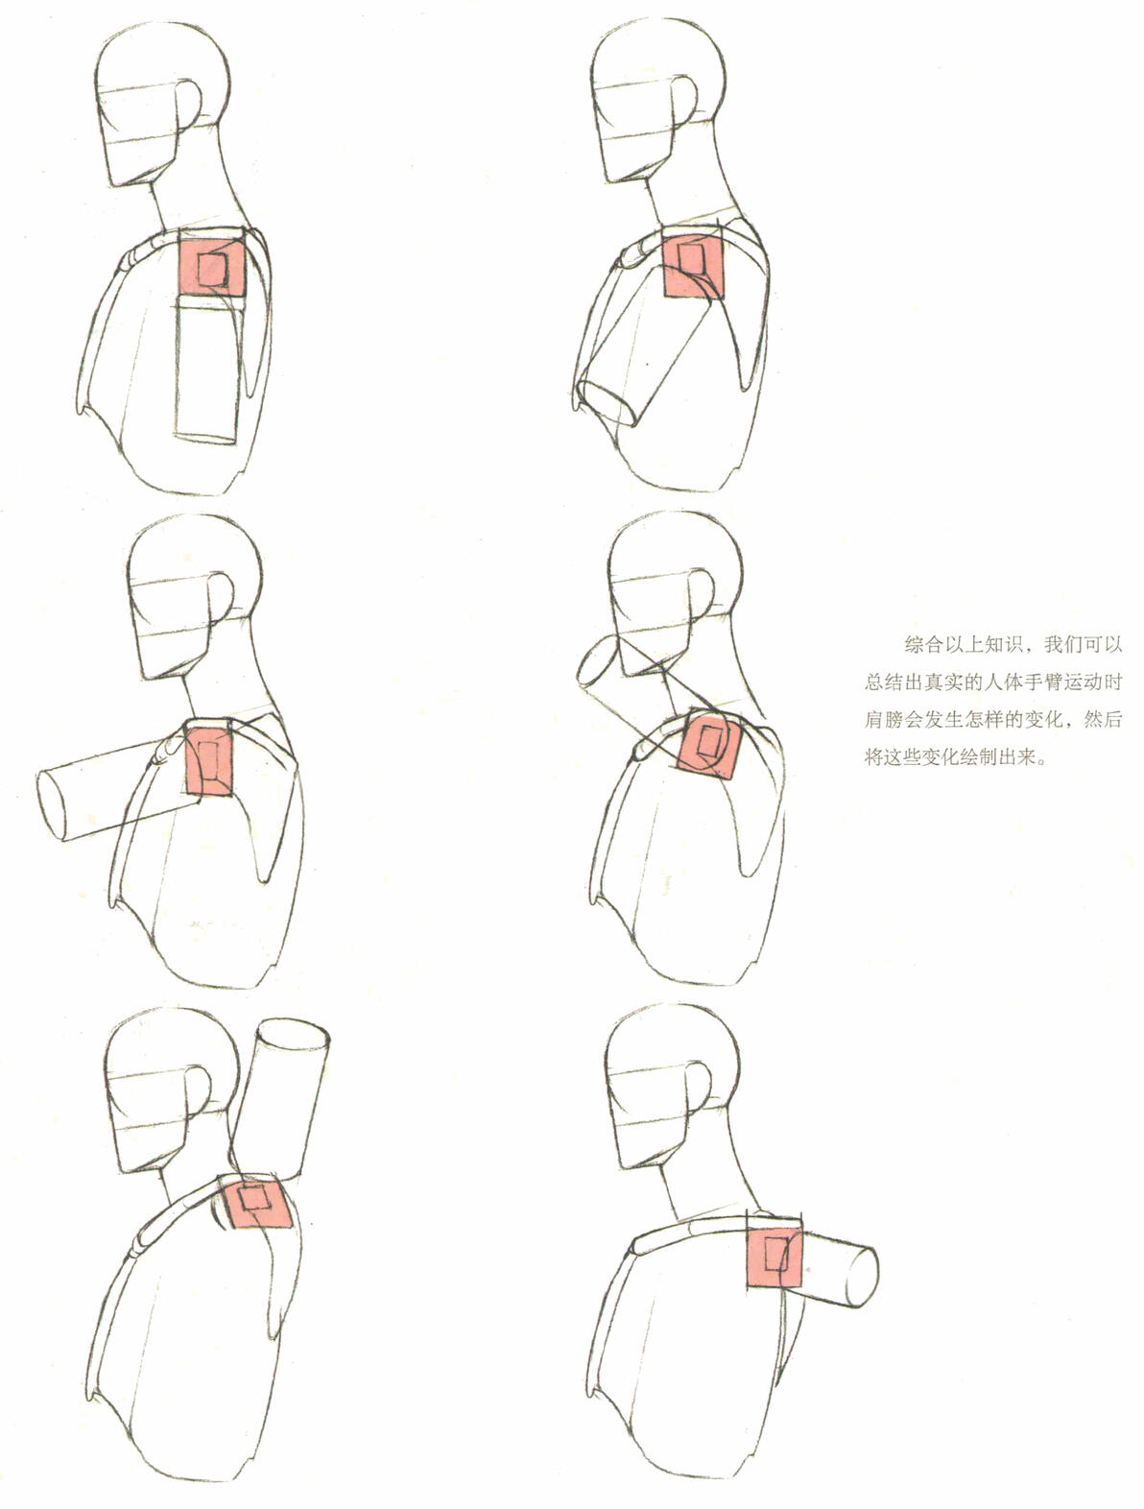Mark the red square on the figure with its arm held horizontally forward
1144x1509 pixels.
[x=209, y=759]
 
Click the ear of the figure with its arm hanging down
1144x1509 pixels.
[x=189, y=108]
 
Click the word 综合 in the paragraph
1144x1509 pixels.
[x=924, y=644]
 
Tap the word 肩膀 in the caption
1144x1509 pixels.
[x=884, y=720]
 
